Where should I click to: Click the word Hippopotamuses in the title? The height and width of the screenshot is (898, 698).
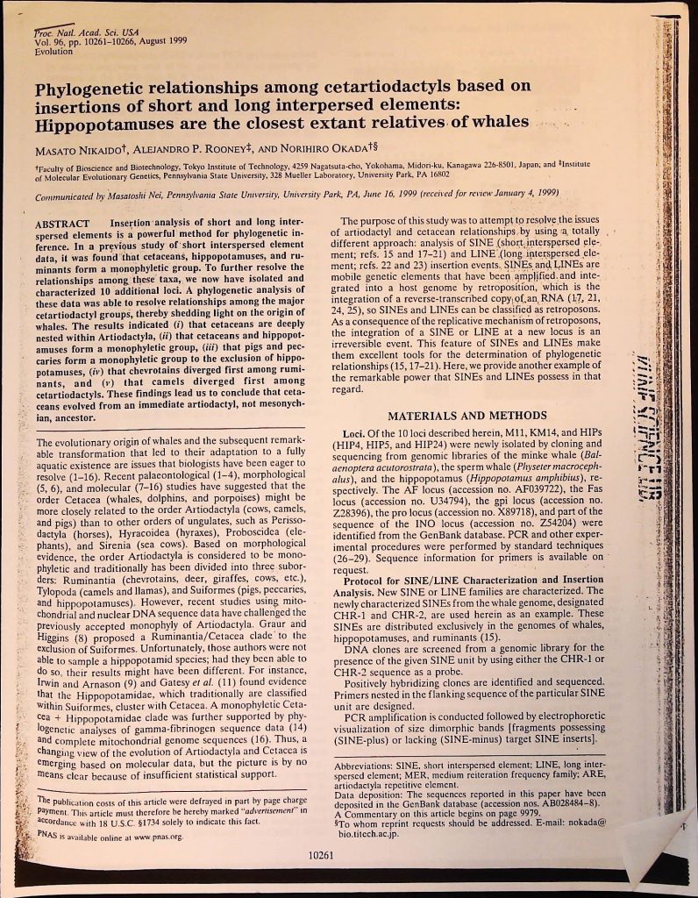click(x=100, y=122)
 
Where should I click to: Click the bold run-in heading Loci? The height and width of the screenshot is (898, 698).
click(x=356, y=435)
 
